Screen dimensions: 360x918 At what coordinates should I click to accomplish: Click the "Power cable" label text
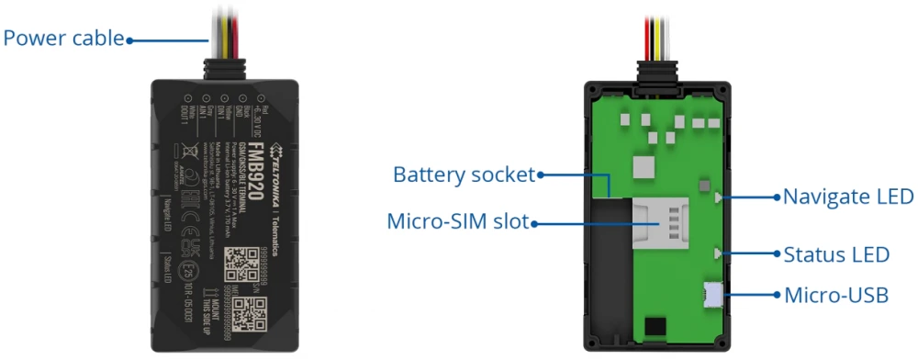click(x=63, y=39)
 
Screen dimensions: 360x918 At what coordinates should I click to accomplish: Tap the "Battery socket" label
click(x=465, y=174)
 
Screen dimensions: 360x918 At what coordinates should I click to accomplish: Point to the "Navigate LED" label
click(x=848, y=196)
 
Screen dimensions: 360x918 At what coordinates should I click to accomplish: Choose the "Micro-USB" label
click(x=836, y=295)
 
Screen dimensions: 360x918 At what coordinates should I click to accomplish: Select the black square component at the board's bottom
click(x=653, y=326)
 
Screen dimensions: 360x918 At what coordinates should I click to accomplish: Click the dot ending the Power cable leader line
click(x=129, y=39)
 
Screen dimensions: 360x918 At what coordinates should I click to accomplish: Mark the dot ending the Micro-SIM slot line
click(x=535, y=221)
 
